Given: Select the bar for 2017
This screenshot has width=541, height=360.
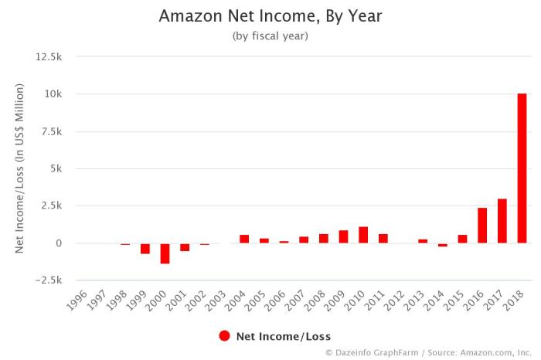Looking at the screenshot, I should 502,221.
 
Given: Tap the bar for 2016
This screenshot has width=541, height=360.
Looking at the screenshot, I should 482,226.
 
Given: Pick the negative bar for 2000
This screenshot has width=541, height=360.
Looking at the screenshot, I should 165,253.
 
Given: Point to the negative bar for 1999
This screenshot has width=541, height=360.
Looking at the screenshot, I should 145,248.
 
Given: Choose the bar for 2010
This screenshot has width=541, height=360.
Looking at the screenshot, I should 363,235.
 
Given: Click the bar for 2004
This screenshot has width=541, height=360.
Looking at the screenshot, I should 244,239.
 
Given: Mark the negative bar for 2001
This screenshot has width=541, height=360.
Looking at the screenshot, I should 185,247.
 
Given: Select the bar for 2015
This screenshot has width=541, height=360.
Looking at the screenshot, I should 462,239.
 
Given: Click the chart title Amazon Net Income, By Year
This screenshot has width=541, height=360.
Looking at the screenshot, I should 270,15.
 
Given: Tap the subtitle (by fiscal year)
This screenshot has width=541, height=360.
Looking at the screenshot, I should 270,36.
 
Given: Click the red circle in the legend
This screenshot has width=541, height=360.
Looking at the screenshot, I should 225,335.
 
